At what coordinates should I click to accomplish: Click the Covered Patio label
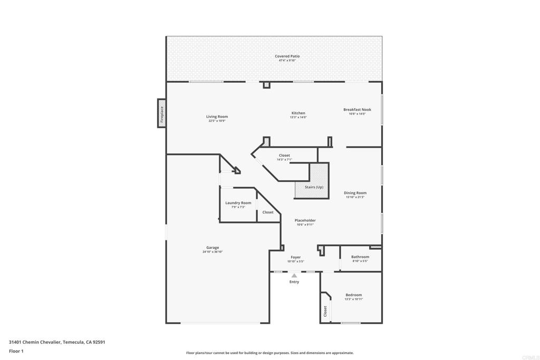(x=287, y=56)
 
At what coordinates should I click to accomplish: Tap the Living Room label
(x=217, y=117)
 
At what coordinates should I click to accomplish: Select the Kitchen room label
(x=298, y=113)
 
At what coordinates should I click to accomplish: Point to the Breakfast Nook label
(x=357, y=110)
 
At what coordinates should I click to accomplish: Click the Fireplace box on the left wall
(x=162, y=113)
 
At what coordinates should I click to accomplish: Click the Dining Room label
(x=355, y=193)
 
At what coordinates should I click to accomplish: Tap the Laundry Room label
(x=238, y=203)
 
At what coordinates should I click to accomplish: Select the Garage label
(x=213, y=248)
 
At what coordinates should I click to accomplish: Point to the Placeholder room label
(x=305, y=220)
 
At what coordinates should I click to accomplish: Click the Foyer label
(x=295, y=257)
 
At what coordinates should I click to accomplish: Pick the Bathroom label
(x=360, y=257)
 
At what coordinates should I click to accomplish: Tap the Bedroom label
(x=353, y=295)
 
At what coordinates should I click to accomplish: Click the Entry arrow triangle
(x=294, y=276)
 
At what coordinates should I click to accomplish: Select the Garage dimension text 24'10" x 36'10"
(x=213, y=252)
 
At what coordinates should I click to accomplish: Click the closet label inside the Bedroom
(x=325, y=311)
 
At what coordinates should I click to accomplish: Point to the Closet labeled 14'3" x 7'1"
(x=284, y=155)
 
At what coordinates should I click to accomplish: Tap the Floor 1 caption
(x=16, y=351)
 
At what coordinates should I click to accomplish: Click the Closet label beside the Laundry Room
(x=268, y=212)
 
